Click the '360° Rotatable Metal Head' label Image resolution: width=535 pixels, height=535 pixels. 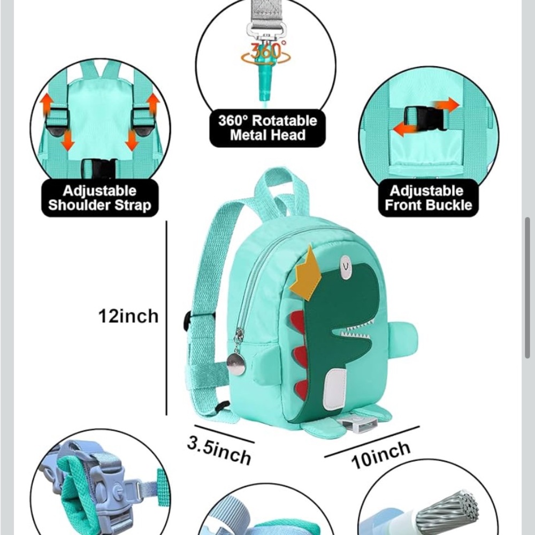(267, 128)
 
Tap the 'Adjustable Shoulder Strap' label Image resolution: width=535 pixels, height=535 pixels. (100, 198)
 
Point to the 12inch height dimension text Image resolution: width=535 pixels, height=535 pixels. (128, 316)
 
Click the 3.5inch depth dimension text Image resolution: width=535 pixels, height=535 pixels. (219, 449)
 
